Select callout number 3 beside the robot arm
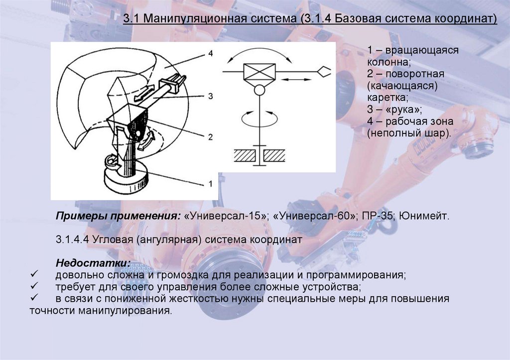tap(211, 96)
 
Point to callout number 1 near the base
tap(211, 184)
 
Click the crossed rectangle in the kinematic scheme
tap(259, 73)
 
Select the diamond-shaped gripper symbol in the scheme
tap(324, 72)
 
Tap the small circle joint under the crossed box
tap(259, 91)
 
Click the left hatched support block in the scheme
tap(243, 155)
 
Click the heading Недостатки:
tap(94, 262)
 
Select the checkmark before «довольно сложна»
tap(34, 275)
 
